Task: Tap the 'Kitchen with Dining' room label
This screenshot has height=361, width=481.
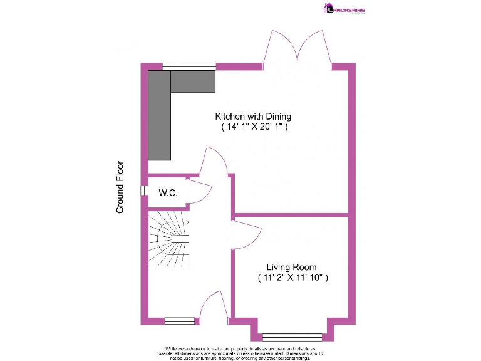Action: (x=253, y=117)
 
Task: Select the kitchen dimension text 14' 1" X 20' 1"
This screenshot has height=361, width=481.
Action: (x=254, y=127)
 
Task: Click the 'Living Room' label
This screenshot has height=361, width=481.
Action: (x=291, y=268)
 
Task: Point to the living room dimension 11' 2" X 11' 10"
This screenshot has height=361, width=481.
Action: (x=292, y=278)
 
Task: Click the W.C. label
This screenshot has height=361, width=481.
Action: (x=168, y=192)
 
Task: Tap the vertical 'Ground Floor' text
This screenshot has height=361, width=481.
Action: (x=120, y=187)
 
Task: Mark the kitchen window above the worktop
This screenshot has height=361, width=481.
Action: (x=189, y=65)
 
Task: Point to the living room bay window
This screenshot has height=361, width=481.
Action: (x=292, y=337)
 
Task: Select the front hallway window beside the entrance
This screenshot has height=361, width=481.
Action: (x=176, y=321)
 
